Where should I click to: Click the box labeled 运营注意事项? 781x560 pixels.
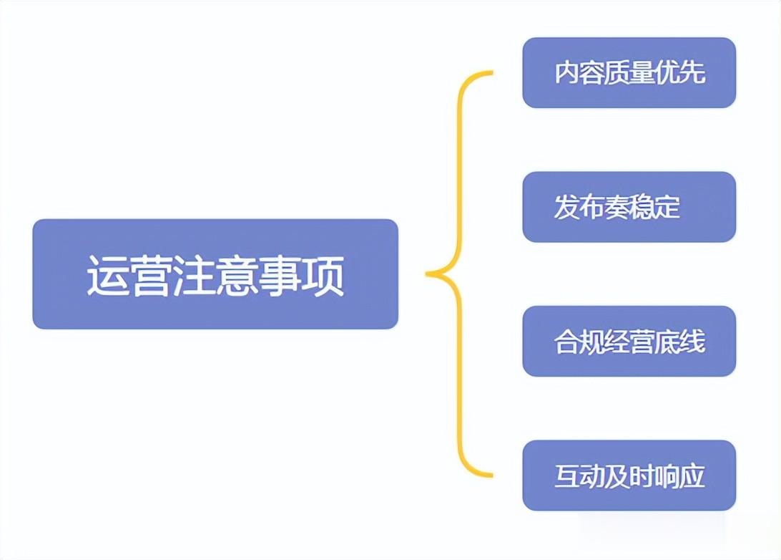pyautogui.click(x=215, y=274)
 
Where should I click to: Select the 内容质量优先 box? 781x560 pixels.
pyautogui.click(x=629, y=73)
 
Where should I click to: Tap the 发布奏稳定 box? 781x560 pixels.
pyautogui.click(x=629, y=207)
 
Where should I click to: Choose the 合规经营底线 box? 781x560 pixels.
pyautogui.click(x=629, y=342)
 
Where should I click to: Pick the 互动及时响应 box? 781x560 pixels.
pyautogui.click(x=629, y=475)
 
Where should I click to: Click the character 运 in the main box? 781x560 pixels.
pyautogui.click(x=107, y=275)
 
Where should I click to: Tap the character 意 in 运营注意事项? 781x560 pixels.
pyautogui.click(x=237, y=275)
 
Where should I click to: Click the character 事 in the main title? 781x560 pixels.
pyautogui.click(x=280, y=275)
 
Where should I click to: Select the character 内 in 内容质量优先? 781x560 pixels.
pyautogui.click(x=566, y=73)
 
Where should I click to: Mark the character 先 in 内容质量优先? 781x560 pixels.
pyautogui.click(x=692, y=73)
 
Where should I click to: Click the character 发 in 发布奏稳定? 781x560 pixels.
pyautogui.click(x=566, y=208)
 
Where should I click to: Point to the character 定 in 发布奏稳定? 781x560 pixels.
pyautogui.click(x=667, y=208)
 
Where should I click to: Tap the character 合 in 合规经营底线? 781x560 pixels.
pyautogui.click(x=566, y=342)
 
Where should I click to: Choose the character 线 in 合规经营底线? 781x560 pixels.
pyautogui.click(x=692, y=342)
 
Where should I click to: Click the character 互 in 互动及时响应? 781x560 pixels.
pyautogui.click(x=566, y=476)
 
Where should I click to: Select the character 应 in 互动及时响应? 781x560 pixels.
pyautogui.click(x=692, y=476)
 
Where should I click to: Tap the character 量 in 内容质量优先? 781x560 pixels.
pyautogui.click(x=642, y=73)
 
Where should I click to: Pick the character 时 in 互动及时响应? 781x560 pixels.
pyautogui.click(x=642, y=476)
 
